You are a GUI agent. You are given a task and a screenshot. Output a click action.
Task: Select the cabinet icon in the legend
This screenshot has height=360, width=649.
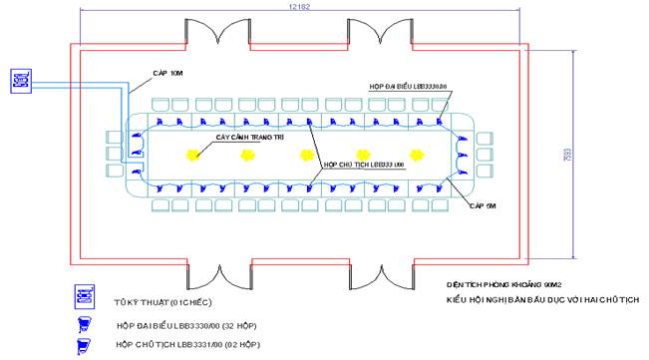tap(86, 297)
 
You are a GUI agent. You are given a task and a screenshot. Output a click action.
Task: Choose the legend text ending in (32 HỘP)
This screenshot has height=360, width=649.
tap(189, 326)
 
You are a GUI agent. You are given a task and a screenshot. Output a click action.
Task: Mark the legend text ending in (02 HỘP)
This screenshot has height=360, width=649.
tap(188, 344)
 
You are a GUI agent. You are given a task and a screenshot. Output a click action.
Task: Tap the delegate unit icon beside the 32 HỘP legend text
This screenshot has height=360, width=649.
tap(86, 323)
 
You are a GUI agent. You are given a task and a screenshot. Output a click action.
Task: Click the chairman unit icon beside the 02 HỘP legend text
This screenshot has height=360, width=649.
tap(86, 344)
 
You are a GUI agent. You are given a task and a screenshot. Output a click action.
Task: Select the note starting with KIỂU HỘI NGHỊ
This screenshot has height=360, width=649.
tap(542, 299)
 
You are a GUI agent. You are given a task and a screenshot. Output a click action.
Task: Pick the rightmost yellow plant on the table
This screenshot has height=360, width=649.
tap(420, 155)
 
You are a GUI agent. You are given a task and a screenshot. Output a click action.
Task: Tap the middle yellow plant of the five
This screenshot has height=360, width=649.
tap(306, 155)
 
